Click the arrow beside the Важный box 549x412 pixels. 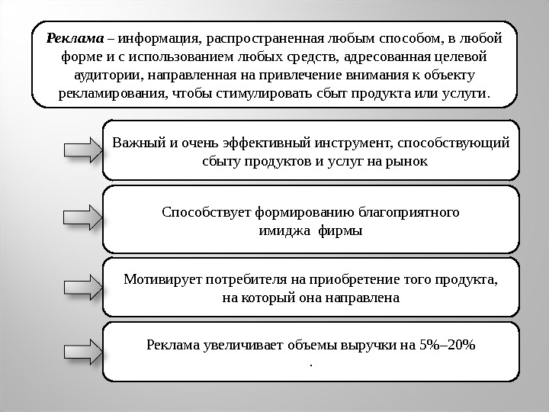(82, 150)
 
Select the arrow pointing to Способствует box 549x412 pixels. (82, 216)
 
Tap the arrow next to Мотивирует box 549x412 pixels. (82, 287)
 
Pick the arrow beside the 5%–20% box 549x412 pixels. (82, 352)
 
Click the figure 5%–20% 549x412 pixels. (448, 344)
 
